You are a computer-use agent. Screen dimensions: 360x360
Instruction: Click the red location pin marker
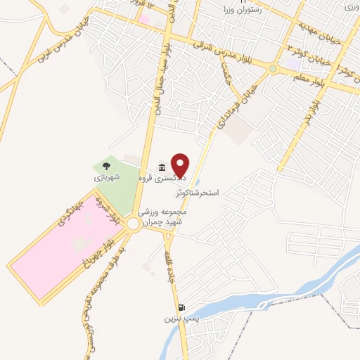(181, 165)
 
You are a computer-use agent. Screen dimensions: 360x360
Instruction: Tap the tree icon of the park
(105, 167)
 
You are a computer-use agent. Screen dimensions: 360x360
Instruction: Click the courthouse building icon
(162, 167)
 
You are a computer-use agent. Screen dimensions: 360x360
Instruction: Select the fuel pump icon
(182, 307)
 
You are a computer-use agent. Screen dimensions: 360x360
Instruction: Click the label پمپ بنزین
(179, 319)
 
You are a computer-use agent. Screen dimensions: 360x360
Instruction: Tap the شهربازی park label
(108, 179)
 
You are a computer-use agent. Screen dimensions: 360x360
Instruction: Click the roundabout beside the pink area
(134, 224)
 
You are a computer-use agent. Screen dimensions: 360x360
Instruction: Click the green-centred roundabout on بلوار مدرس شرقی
(272, 69)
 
